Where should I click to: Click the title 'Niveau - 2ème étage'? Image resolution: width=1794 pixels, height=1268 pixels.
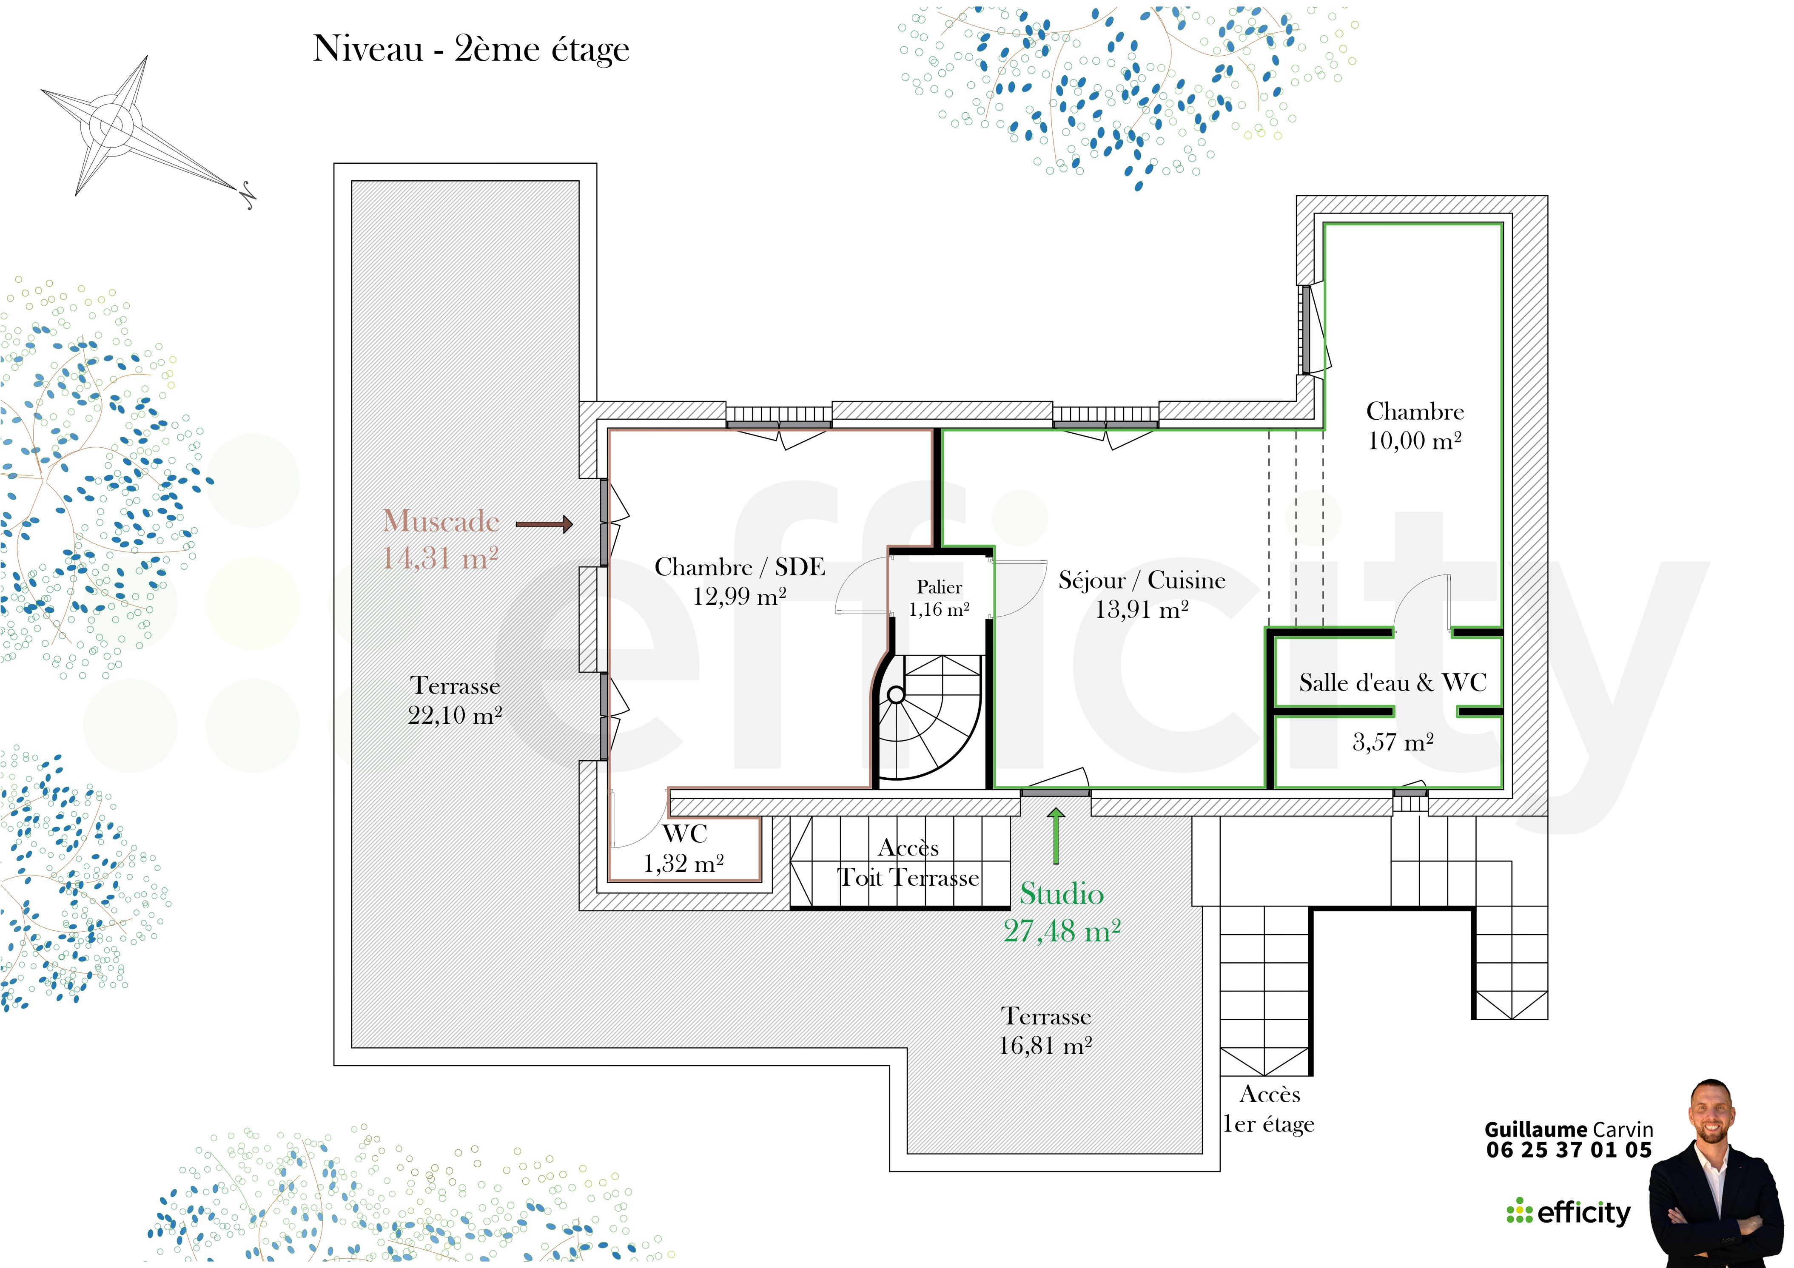tap(471, 49)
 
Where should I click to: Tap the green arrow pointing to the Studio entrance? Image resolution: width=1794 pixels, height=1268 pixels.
tap(1056, 836)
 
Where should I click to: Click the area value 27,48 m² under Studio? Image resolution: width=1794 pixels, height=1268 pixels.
tap(1062, 931)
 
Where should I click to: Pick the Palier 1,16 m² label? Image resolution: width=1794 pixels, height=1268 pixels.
tap(939, 598)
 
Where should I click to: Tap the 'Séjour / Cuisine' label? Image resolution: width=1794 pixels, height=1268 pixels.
tap(1142, 580)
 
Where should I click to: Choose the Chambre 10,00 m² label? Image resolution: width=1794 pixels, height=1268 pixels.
tap(1414, 426)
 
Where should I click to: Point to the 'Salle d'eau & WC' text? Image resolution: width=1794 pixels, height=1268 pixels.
tap(1392, 683)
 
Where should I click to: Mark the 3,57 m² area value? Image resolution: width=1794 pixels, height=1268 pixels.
tap(1393, 742)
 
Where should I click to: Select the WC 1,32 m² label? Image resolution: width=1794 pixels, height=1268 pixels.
tap(683, 848)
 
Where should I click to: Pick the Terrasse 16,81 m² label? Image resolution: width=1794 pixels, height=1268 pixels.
tap(1045, 1030)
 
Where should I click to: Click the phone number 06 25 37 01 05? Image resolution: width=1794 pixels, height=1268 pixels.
tap(1569, 1150)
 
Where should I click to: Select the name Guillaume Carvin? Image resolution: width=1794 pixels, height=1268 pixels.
tap(1569, 1130)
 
